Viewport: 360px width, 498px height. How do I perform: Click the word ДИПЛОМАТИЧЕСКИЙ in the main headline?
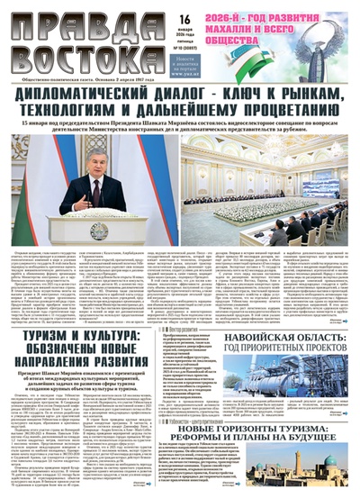105,103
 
